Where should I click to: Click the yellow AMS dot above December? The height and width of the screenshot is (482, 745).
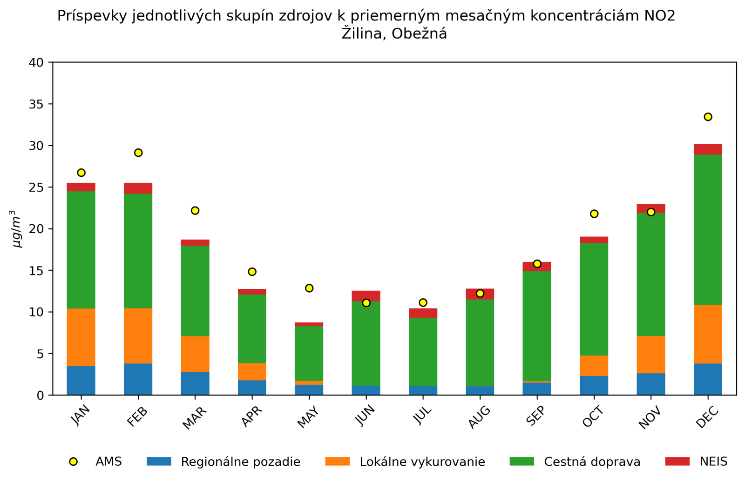coord(708,117)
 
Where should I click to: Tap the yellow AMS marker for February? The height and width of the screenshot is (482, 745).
coord(138,153)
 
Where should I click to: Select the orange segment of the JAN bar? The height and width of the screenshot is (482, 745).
coord(81,337)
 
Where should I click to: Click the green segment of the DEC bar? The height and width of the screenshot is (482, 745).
coord(708,229)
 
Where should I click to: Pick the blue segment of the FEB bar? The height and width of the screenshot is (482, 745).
coord(138,379)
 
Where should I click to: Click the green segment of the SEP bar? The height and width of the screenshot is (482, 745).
coord(537,326)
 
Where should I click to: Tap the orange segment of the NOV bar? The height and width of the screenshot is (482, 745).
coord(651,355)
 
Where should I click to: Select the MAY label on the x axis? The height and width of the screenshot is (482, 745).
coord(308,417)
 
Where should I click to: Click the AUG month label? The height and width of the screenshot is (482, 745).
coord(479,417)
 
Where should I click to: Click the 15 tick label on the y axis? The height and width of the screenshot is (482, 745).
coord(37,271)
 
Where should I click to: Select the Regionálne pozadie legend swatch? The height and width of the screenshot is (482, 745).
coord(159,461)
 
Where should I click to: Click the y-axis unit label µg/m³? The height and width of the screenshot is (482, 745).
coord(16,229)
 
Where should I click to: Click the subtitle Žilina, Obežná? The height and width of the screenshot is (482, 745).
coord(394,34)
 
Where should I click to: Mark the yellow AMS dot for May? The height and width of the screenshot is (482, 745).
coord(309,288)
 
